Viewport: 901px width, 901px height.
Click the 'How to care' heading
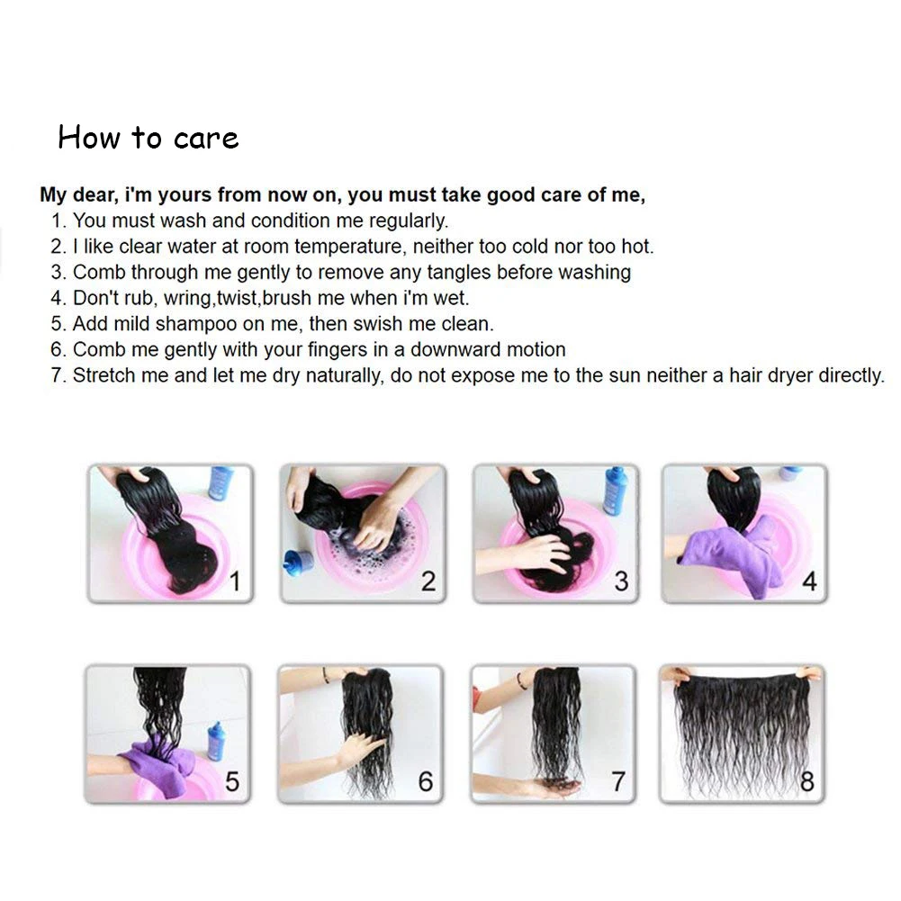tap(149, 138)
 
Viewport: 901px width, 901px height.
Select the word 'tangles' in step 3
tap(457, 273)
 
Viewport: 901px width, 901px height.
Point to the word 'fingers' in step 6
tap(338, 349)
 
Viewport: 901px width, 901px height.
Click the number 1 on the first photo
tap(235, 581)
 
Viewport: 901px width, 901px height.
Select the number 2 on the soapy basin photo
tap(428, 581)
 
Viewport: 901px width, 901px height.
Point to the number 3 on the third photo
tap(621, 581)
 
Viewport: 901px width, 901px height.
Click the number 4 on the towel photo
tap(809, 581)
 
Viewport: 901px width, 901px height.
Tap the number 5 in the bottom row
tap(232, 781)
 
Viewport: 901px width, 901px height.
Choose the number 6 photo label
tap(425, 781)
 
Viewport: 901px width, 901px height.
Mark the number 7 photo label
tap(618, 781)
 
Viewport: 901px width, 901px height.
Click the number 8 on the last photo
tap(807, 781)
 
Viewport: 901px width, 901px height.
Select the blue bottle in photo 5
tap(217, 742)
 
